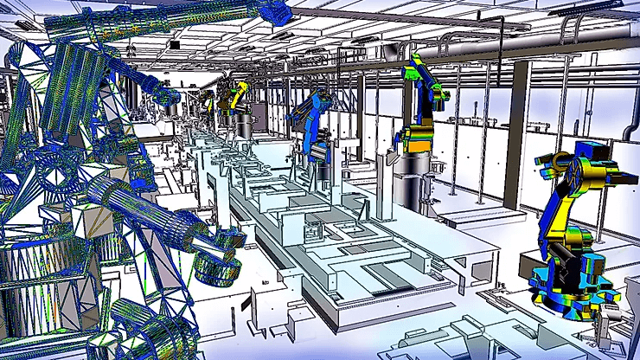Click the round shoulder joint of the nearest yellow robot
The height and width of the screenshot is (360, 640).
(556, 163)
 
